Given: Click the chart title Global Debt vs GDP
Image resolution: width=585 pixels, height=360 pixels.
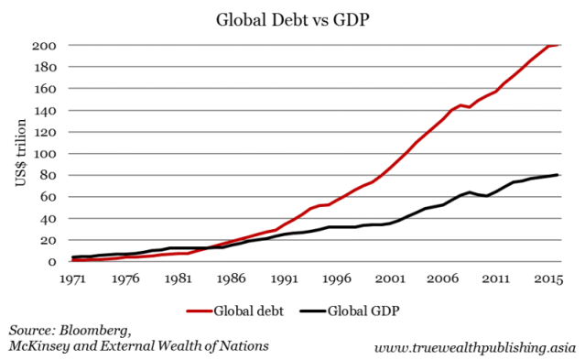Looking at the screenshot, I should click(x=292, y=19).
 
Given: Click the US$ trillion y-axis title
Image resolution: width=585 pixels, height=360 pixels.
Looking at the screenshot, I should click(x=20, y=153).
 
